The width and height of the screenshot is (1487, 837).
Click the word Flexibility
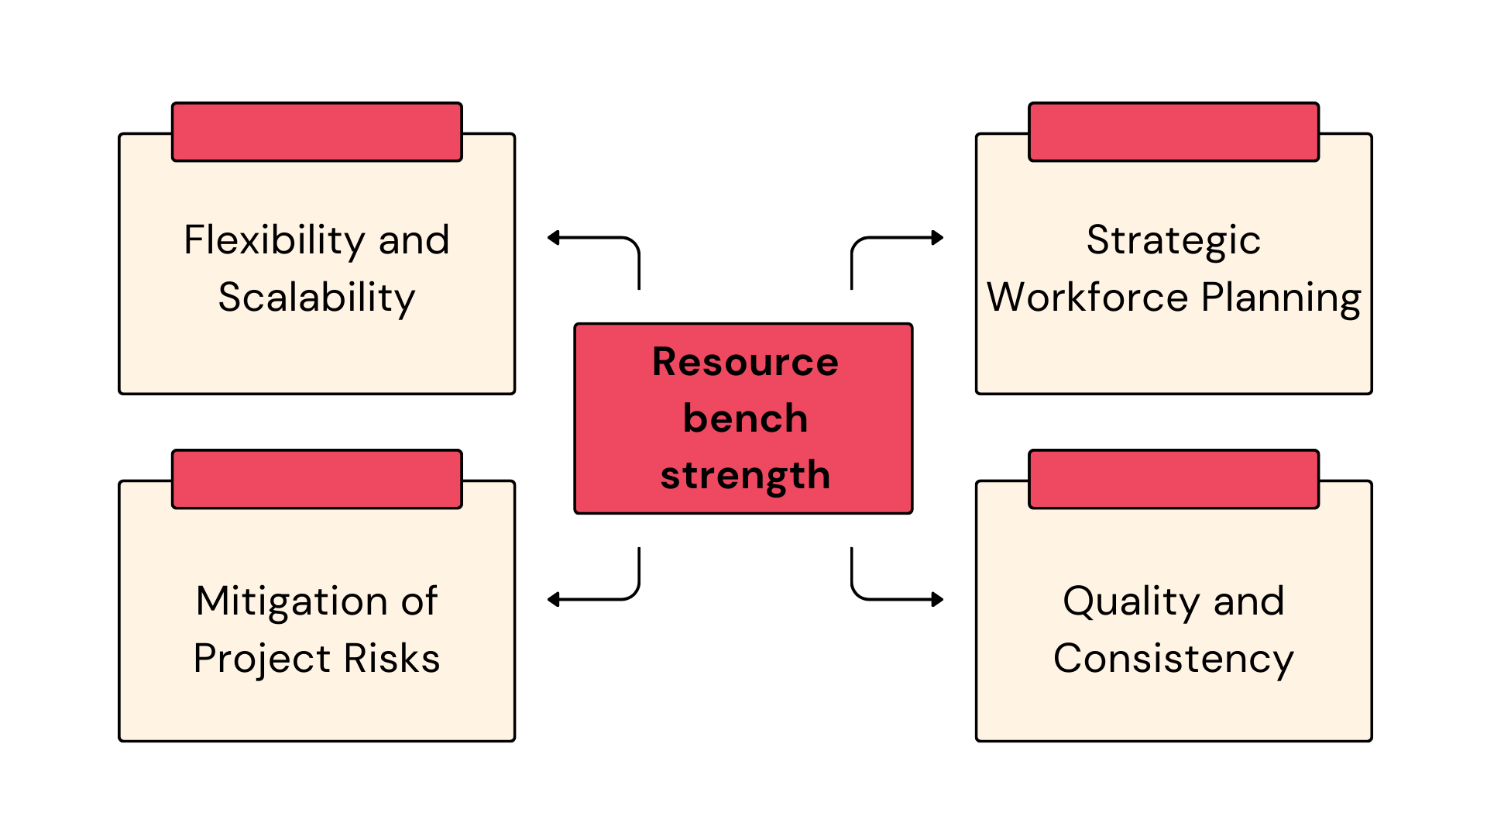point(274,241)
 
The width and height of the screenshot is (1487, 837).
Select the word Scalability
point(317,298)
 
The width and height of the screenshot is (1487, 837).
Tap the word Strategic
point(1173,241)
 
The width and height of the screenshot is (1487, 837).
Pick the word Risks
point(392,659)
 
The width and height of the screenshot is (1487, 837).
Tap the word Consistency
point(1173,660)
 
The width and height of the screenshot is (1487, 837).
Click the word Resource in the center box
point(745,362)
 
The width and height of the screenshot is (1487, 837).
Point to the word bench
point(745,418)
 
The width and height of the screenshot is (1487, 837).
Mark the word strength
point(745,476)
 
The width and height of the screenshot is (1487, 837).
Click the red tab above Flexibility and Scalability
point(317,132)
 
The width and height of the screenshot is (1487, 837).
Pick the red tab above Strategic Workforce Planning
point(1173,132)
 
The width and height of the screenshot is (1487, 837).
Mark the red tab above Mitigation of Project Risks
point(317,479)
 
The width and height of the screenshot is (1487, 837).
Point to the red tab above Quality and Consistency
point(1173,479)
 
